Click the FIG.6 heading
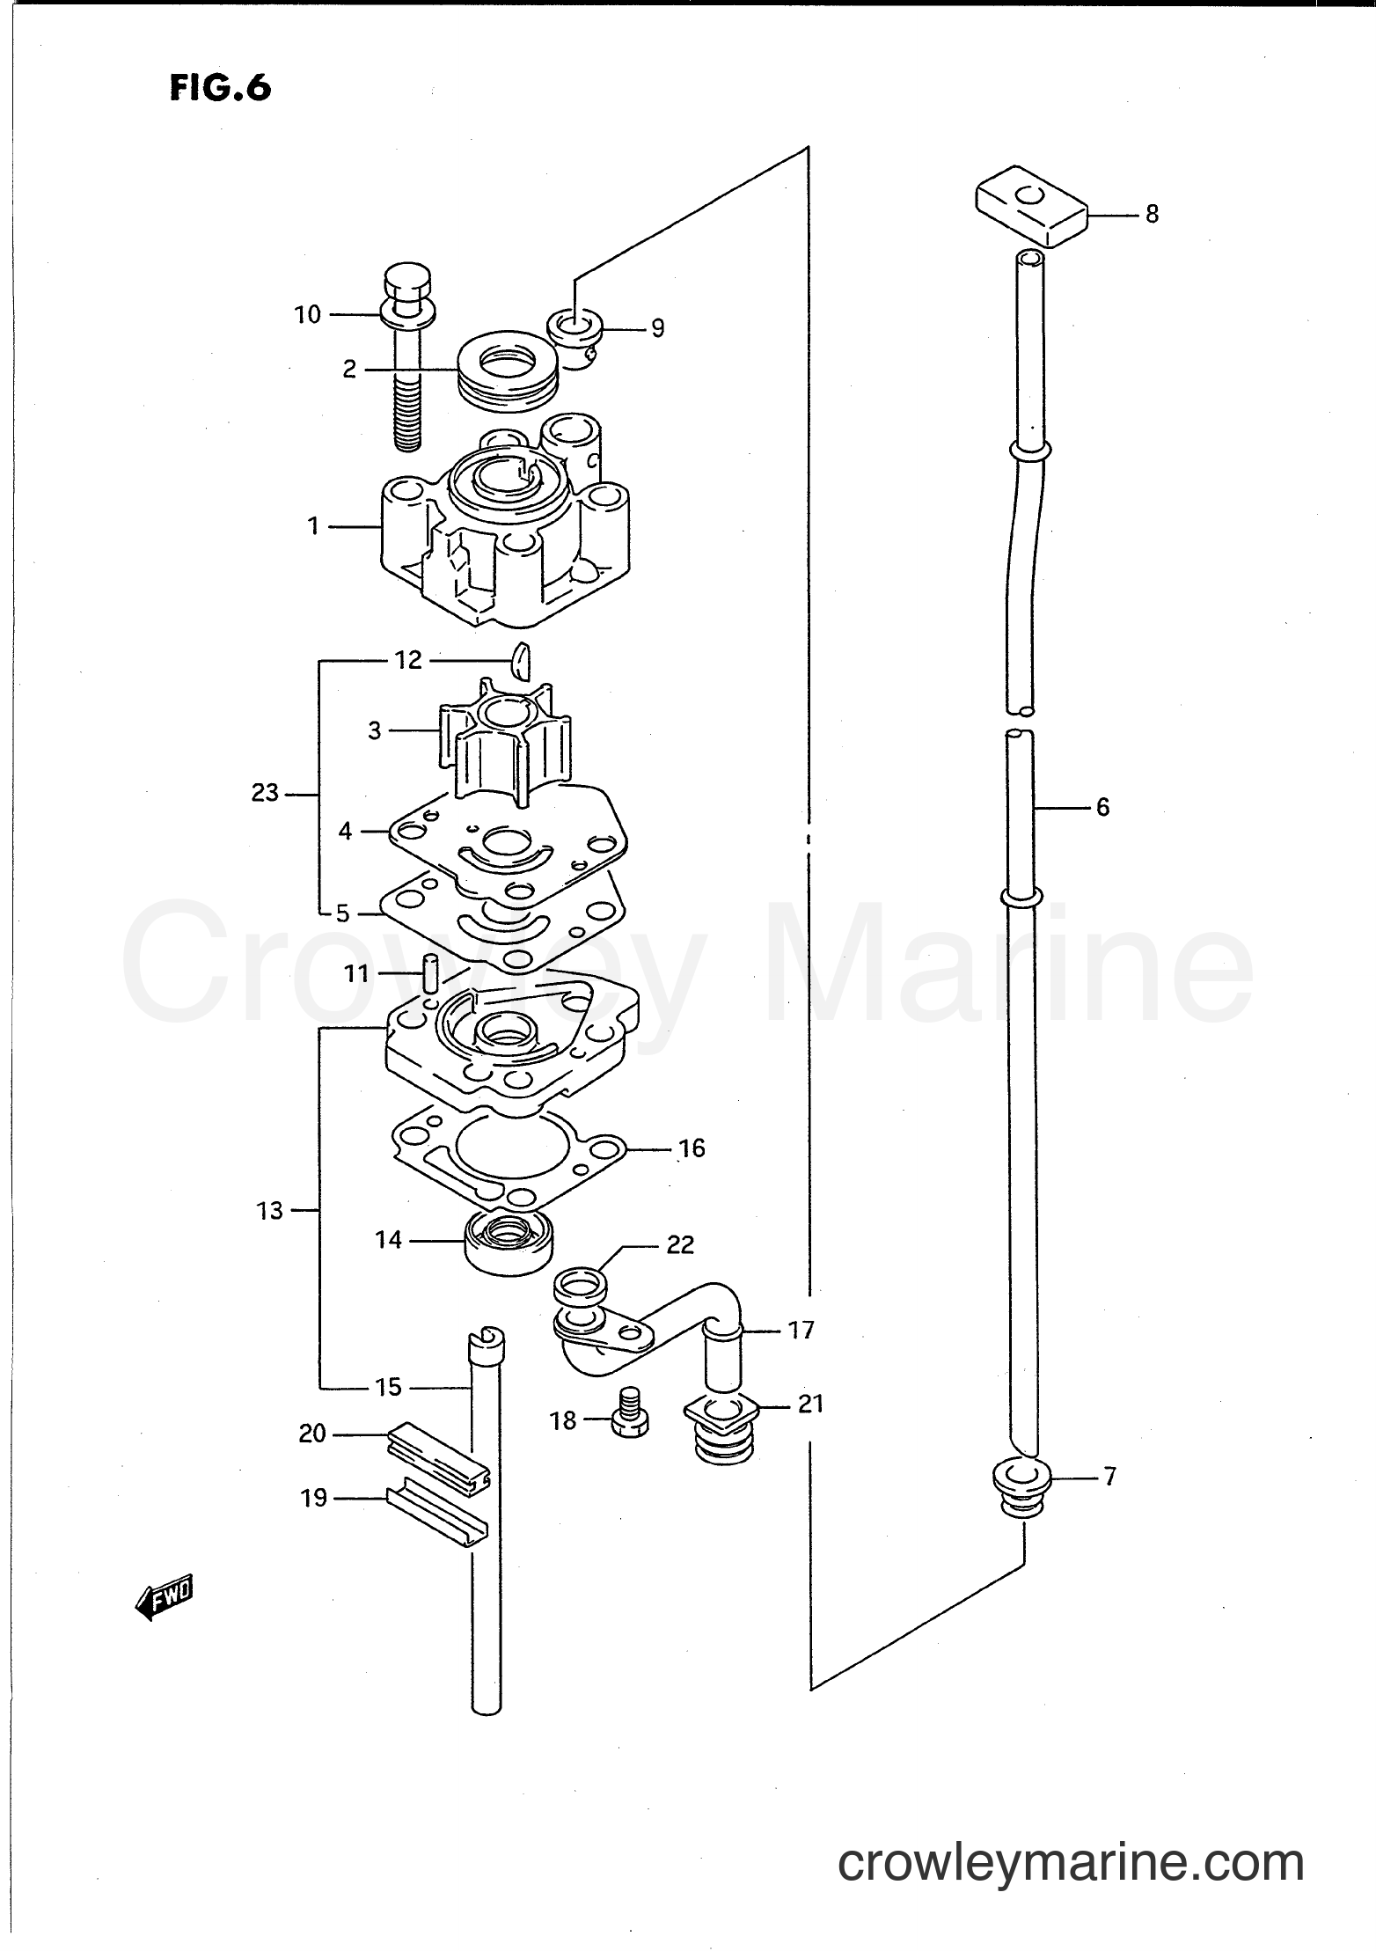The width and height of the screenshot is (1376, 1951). click(220, 88)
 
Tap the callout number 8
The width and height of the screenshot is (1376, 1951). click(1152, 214)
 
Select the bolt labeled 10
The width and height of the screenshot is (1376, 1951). click(406, 352)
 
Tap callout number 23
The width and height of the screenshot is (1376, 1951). click(264, 793)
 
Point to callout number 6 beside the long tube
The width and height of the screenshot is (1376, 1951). click(1102, 806)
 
